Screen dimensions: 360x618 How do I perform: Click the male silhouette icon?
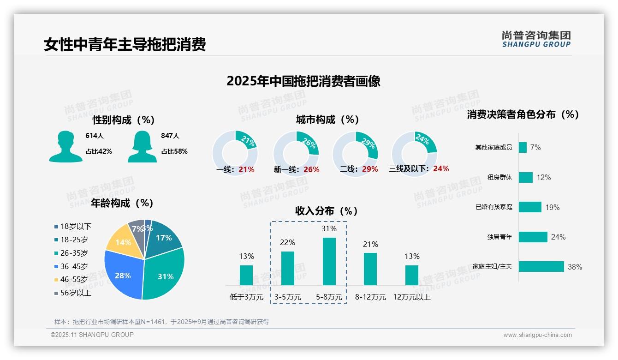65,147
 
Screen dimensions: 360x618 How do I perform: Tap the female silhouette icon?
142,147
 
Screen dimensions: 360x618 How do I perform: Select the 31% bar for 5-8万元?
329,261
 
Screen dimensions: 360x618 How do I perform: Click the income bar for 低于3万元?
246,275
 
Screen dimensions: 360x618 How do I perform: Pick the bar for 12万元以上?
412,275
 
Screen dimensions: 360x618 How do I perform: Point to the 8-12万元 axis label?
370,297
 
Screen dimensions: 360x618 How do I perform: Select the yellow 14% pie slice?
122,241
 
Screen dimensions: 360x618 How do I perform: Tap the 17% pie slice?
165,238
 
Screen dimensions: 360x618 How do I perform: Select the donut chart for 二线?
355,154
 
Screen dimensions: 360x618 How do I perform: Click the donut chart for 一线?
235,154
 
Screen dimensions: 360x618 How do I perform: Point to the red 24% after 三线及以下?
441,168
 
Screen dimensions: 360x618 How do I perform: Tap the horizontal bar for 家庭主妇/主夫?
541,266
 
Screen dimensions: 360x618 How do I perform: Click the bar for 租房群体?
526,177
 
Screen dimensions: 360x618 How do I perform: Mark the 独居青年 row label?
499,237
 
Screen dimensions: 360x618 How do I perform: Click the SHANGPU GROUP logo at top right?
536,39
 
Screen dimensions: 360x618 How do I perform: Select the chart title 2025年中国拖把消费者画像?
303,81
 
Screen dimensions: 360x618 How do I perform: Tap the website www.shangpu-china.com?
537,335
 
